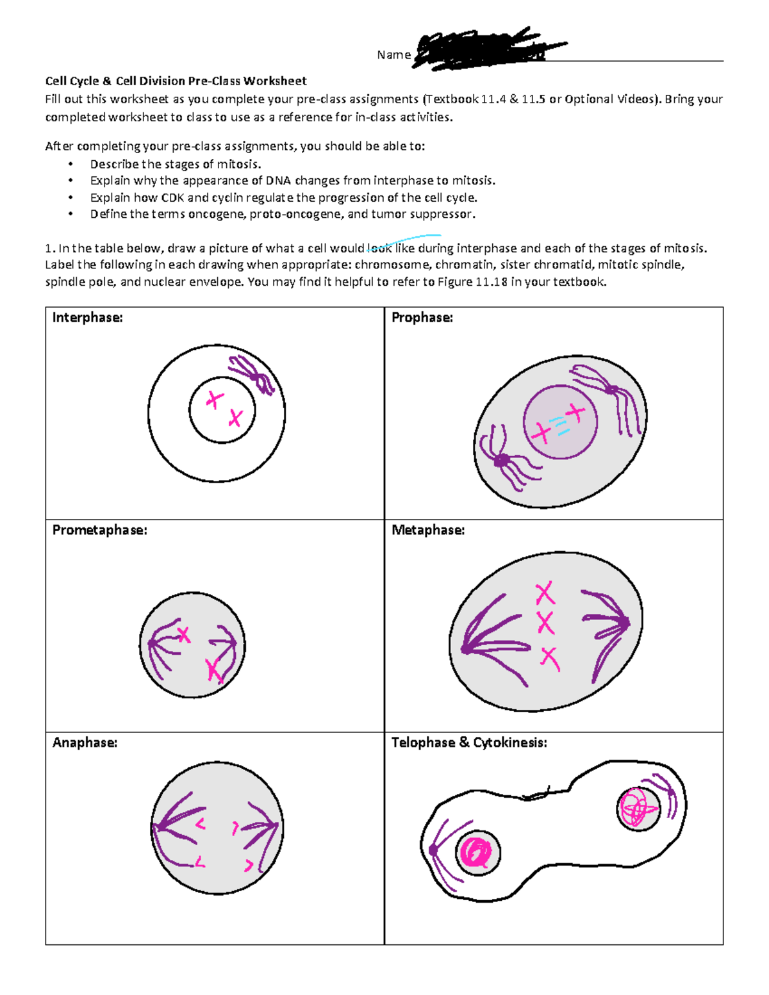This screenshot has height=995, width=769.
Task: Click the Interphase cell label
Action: [87, 318]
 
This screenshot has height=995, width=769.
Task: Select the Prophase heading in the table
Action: [422, 318]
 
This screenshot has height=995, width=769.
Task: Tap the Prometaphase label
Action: [99, 530]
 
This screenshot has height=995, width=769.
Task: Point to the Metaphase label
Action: [427, 530]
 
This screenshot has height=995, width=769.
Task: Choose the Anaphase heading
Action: [85, 743]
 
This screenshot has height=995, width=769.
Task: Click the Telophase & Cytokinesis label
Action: [469, 743]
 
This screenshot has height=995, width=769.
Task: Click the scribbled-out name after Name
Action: [487, 48]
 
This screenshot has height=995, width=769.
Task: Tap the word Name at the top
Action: [393, 55]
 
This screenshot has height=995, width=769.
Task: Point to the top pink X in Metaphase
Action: [545, 594]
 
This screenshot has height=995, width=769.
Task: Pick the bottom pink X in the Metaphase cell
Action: [549, 658]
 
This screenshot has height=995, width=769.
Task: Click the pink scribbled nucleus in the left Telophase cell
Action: [477, 853]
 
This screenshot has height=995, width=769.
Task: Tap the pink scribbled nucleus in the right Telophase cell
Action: [638, 809]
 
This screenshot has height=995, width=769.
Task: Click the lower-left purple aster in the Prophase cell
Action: [502, 460]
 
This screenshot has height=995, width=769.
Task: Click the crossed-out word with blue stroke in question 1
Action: [379, 249]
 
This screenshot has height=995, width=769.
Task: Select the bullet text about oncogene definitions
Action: [283, 215]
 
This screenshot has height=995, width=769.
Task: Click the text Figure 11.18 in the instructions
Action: [472, 282]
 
